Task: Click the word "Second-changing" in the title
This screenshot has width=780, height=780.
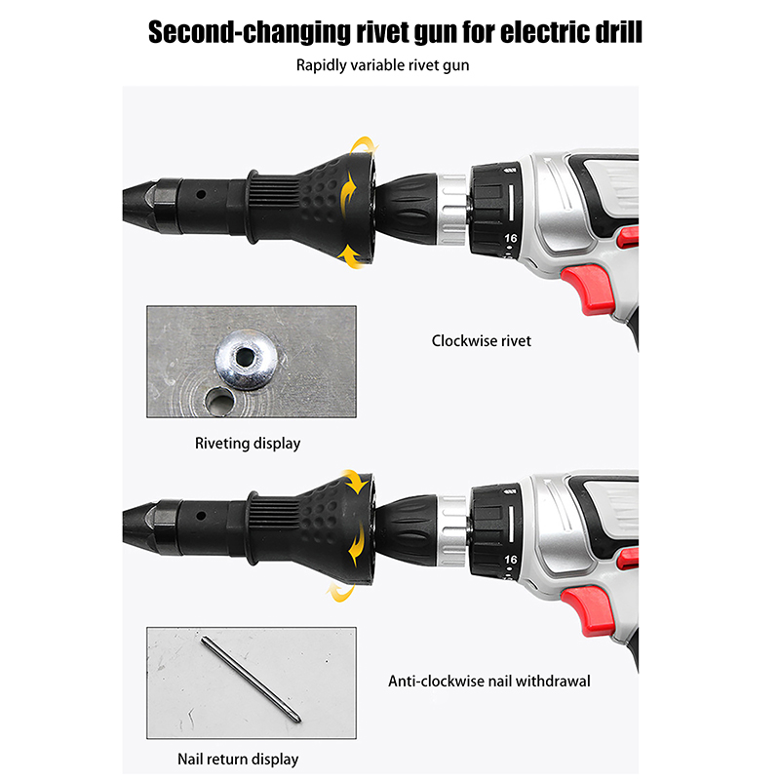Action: pyautogui.click(x=250, y=33)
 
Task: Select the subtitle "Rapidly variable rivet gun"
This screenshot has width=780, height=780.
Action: pyautogui.click(x=382, y=65)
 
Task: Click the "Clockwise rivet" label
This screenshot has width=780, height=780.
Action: pyautogui.click(x=481, y=340)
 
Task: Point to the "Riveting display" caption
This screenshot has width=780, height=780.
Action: pyautogui.click(x=248, y=444)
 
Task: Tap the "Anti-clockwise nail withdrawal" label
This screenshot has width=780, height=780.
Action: pyautogui.click(x=489, y=681)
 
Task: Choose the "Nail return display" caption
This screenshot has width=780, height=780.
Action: pyautogui.click(x=238, y=760)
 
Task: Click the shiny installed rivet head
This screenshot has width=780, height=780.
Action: pyautogui.click(x=246, y=359)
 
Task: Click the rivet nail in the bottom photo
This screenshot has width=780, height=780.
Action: pyautogui.click(x=252, y=680)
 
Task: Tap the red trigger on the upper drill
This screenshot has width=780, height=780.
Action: pyautogui.click(x=588, y=289)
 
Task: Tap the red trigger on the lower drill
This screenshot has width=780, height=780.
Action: pyautogui.click(x=588, y=610)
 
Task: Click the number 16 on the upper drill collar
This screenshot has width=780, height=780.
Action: pyautogui.click(x=510, y=238)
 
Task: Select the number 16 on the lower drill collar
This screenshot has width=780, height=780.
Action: pyautogui.click(x=510, y=560)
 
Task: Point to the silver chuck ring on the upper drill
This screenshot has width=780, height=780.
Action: pyautogui.click(x=451, y=209)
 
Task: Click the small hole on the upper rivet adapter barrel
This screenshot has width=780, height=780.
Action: pyautogui.click(x=201, y=194)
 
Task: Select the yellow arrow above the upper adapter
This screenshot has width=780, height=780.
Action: pyautogui.click(x=364, y=144)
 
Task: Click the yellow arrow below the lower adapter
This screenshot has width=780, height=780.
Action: pyautogui.click(x=340, y=592)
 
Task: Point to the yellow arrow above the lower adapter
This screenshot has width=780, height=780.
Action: pyautogui.click(x=355, y=480)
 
